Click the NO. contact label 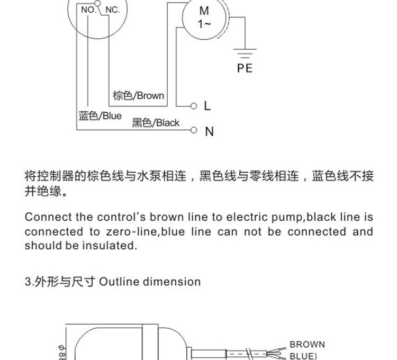click(x=88, y=10)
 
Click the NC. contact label click(x=112, y=10)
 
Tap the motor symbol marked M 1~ click(x=204, y=17)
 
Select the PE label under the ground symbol click(x=245, y=68)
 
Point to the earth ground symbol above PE click(x=245, y=53)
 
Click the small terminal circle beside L click(x=194, y=106)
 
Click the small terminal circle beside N click(x=194, y=130)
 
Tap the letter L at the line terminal click(x=207, y=105)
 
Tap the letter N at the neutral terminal click(x=210, y=132)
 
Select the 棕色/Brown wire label click(x=139, y=96)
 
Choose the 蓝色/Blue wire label click(x=100, y=116)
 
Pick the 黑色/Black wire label click(x=156, y=123)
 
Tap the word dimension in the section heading click(x=172, y=282)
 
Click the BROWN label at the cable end click(x=307, y=344)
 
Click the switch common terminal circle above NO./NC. click(x=97, y=3)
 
